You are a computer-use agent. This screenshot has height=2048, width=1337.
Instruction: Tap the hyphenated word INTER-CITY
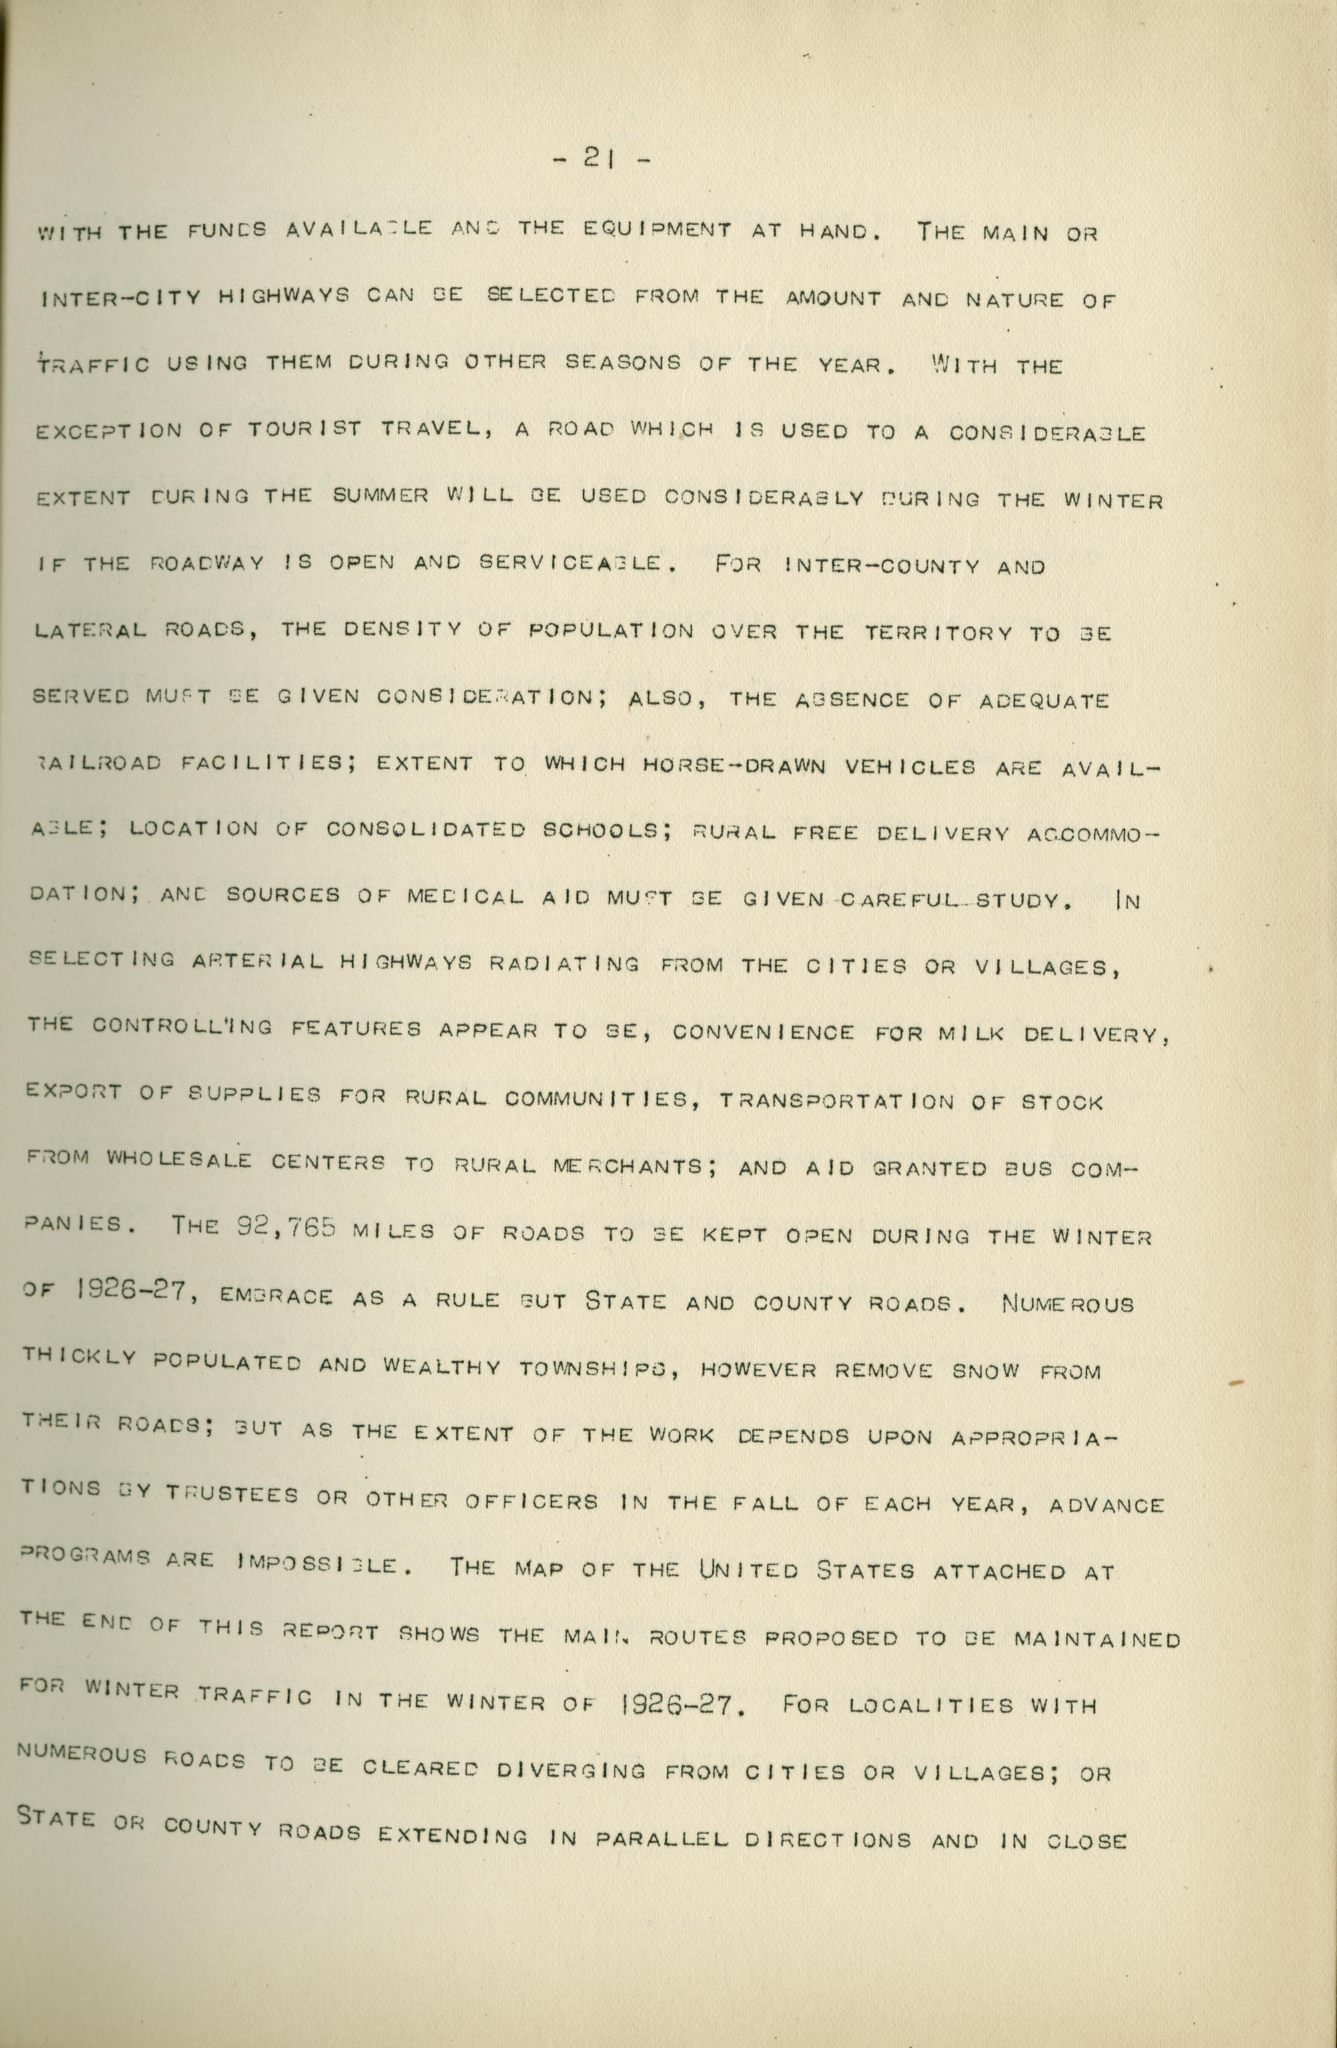[121, 298]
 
